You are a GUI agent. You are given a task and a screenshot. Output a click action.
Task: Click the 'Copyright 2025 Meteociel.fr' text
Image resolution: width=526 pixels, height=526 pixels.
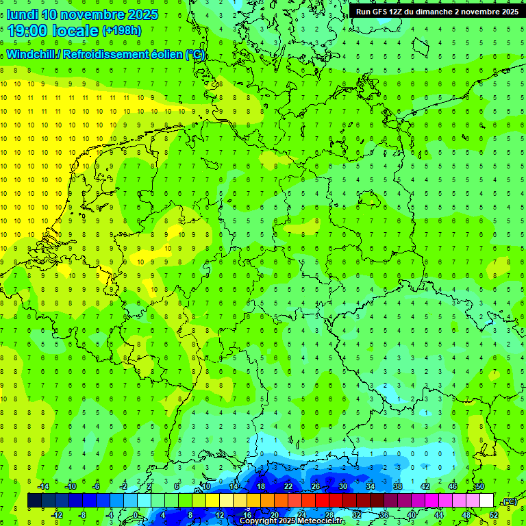292,521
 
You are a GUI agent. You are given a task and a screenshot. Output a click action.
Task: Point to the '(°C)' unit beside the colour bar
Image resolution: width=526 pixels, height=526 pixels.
509,501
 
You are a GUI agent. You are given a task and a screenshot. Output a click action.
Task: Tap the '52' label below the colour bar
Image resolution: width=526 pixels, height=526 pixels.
493,515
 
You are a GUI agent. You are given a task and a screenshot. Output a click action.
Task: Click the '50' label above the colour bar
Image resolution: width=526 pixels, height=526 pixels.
479,486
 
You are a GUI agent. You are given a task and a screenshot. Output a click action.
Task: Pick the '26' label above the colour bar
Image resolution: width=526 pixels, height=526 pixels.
315,486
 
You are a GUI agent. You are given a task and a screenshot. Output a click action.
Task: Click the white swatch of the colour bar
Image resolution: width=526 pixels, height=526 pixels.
486,501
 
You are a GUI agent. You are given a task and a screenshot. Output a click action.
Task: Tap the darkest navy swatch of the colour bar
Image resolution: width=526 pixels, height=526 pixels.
34,501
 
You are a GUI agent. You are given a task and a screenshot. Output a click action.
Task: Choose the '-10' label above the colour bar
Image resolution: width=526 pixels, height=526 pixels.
70,486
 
